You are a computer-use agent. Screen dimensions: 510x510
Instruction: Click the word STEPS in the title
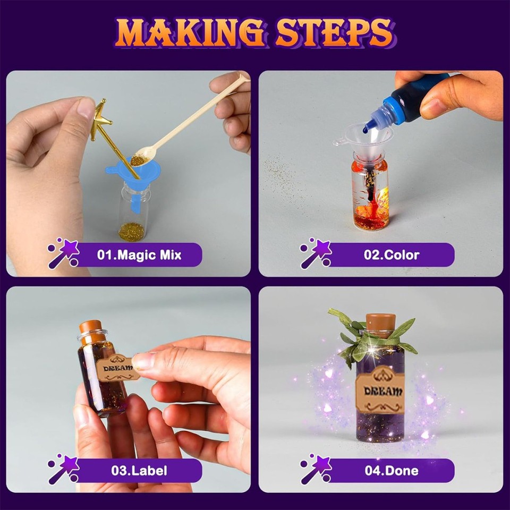[334, 33]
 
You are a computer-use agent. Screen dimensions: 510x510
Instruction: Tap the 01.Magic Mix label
[140, 255]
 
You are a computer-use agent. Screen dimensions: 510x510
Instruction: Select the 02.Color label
[392, 255]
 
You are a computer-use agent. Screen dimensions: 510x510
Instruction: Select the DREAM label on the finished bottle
[380, 392]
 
